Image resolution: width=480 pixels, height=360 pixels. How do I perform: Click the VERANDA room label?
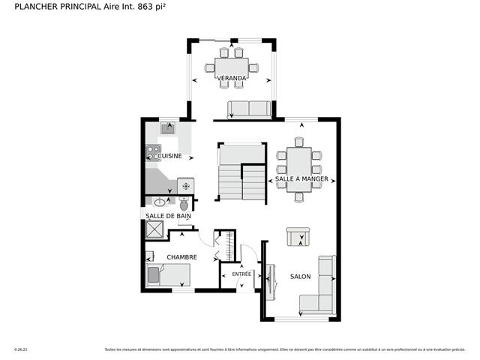tap(231, 78)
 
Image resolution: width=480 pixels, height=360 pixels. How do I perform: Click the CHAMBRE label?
tap(181, 257)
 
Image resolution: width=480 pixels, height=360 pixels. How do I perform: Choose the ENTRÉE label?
tap(241, 274)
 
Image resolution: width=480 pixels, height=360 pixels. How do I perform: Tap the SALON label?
tap(300, 277)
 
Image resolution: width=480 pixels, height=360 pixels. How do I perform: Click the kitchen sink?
tap(168, 128)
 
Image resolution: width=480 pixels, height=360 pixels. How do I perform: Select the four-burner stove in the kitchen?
tap(153, 152)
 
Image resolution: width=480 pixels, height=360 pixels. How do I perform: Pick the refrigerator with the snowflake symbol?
tap(185, 186)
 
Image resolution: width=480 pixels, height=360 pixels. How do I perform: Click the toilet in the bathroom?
tap(183, 203)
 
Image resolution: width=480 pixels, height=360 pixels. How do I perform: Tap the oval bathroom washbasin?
tap(160, 202)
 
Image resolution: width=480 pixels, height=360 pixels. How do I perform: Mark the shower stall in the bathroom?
tap(155, 231)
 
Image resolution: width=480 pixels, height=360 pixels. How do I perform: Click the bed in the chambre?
tap(168, 275)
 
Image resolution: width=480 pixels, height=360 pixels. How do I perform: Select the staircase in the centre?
tap(241, 172)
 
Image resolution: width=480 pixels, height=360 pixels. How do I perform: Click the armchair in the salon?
tap(298, 236)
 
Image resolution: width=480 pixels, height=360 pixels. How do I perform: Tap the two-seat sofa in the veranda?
tap(249, 109)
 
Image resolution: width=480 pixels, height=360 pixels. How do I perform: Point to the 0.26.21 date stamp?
tap(21, 349)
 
